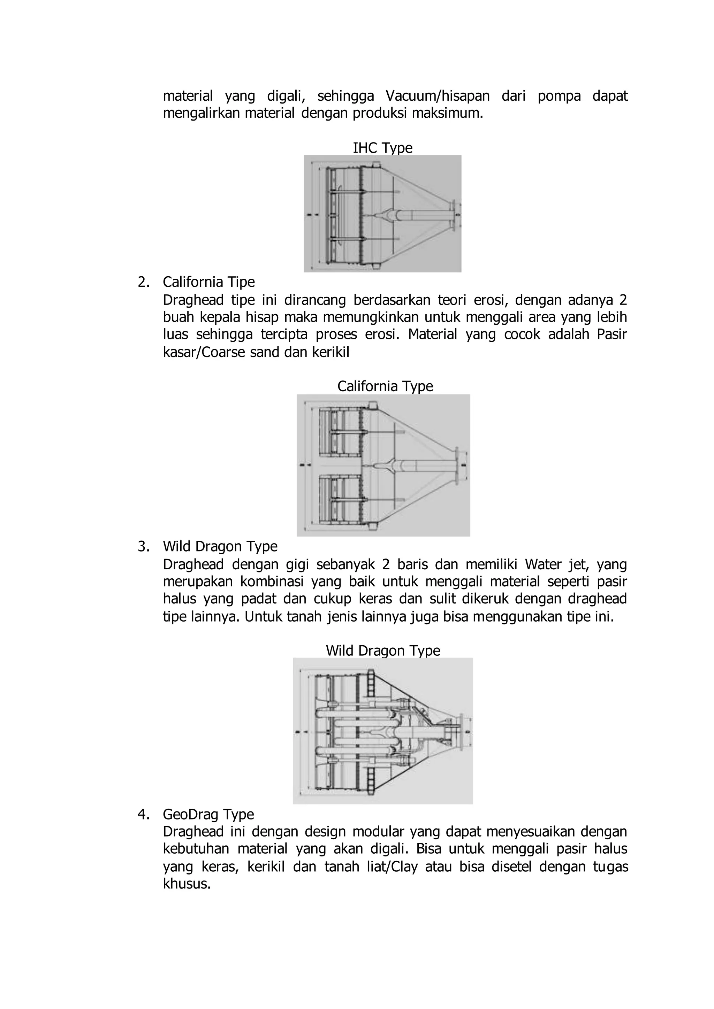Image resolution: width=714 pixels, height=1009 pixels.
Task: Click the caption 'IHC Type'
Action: pyautogui.click(x=382, y=148)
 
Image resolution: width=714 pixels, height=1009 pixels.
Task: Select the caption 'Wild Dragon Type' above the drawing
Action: pyautogui.click(x=383, y=650)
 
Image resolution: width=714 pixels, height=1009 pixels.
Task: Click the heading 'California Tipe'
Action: pyautogui.click(x=209, y=282)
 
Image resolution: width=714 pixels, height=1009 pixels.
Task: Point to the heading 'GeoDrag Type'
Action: pyautogui.click(x=208, y=814)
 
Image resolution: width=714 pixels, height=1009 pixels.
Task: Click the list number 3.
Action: pyautogui.click(x=143, y=547)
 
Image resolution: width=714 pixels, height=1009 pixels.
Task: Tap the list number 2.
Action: pyautogui.click(x=143, y=282)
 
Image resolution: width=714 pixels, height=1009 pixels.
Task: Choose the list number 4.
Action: pyautogui.click(x=143, y=814)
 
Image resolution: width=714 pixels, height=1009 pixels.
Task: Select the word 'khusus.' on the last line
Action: pyautogui.click(x=187, y=884)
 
